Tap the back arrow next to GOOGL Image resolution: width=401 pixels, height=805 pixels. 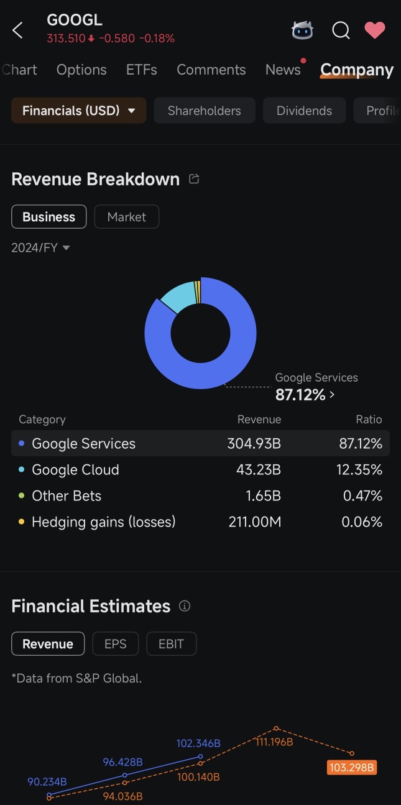17,30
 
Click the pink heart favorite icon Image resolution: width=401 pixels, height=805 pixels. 375,30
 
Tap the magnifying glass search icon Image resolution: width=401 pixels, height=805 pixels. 341,30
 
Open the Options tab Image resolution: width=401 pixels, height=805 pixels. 81,70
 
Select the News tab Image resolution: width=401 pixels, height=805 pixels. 283,70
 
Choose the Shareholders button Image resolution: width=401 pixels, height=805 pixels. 205,111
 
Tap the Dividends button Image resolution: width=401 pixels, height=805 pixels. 305,111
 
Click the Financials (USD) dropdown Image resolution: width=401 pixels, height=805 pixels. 79,111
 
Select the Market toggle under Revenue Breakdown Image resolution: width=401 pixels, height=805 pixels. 126,217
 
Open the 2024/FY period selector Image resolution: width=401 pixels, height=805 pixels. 40,247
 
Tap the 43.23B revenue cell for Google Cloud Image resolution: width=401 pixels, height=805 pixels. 259,470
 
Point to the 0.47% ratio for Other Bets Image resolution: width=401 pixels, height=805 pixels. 362,496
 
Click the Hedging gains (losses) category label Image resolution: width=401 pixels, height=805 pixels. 103,522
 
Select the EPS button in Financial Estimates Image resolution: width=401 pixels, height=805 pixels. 116,643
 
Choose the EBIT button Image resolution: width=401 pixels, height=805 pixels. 172,643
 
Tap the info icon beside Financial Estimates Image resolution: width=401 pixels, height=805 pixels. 185,606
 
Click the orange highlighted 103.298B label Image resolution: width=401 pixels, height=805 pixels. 352,767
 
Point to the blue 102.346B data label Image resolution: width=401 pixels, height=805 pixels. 198,743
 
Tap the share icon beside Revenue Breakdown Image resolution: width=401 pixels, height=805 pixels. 194,178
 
